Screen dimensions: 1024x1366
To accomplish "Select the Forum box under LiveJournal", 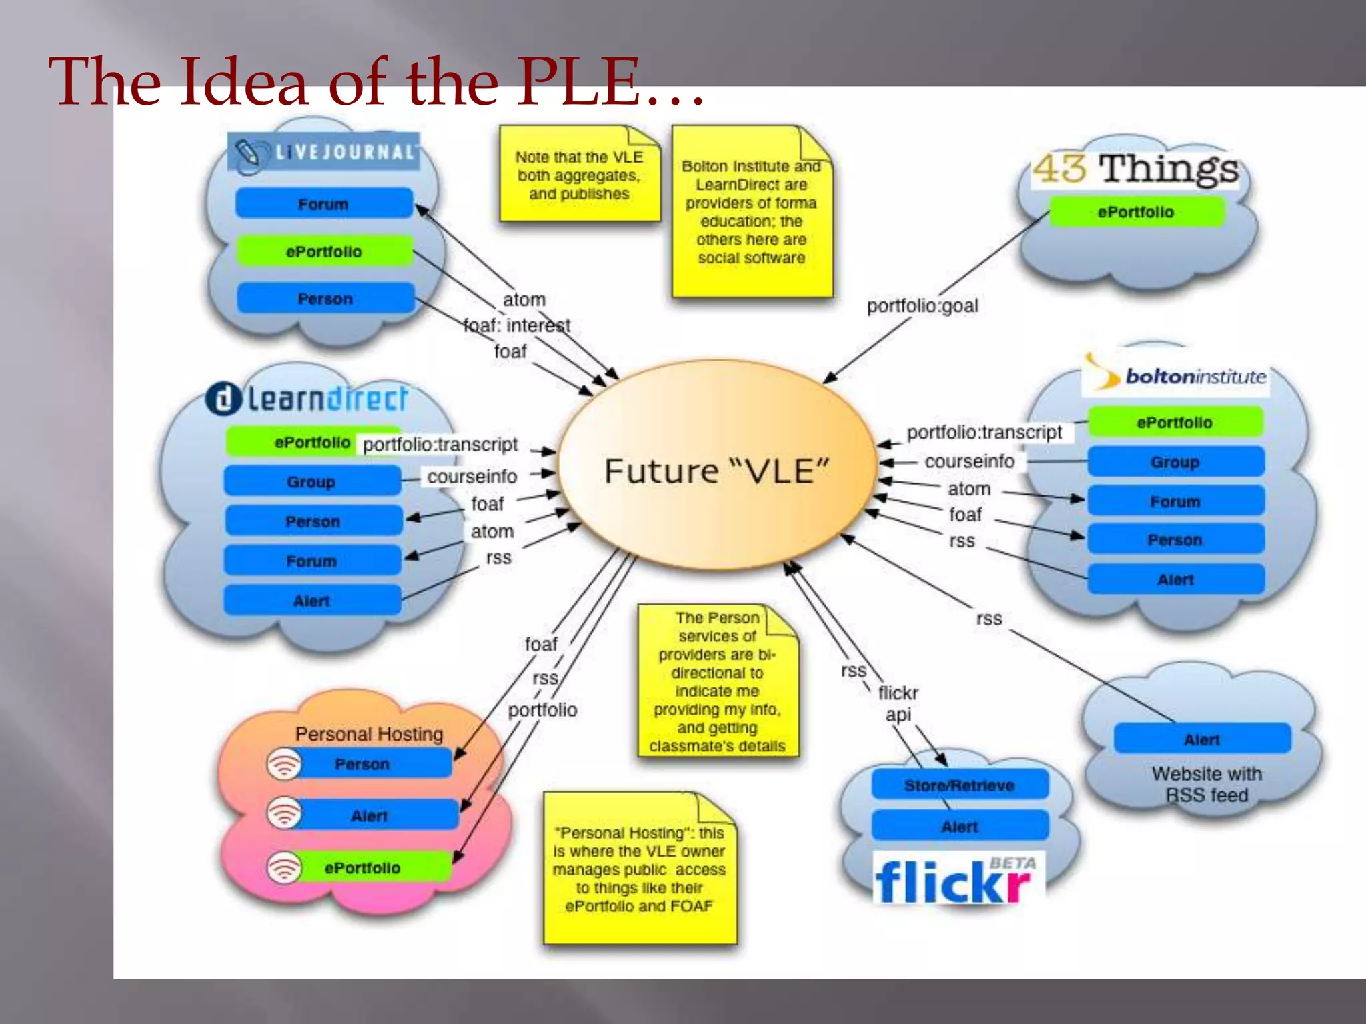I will point(324,203).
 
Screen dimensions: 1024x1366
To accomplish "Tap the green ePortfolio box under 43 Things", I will point(1137,212).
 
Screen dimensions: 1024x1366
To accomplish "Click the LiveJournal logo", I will point(324,152).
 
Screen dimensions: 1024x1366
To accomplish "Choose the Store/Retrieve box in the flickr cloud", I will point(959,785).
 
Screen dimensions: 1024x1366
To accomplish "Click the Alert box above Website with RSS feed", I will point(1202,739).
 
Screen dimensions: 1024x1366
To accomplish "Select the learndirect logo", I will point(307,399).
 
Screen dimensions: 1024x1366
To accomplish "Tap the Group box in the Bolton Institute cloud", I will point(1175,461).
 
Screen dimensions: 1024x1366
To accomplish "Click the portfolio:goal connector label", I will point(922,306).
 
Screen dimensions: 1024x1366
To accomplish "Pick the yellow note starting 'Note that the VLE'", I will point(579,175).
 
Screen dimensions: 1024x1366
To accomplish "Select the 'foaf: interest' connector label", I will point(517,325).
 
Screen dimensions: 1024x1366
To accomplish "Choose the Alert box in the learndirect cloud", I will point(311,601).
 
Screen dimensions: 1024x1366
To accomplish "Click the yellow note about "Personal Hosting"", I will point(639,869).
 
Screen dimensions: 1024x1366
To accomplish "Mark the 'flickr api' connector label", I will point(898,703).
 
